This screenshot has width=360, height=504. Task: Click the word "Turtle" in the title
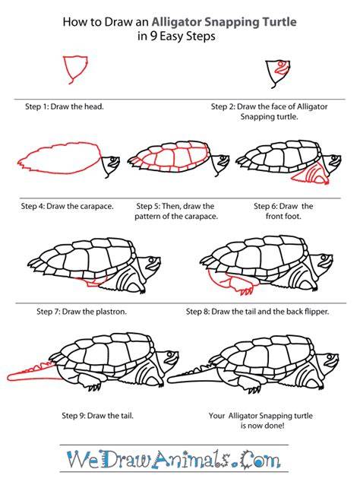tap(279, 22)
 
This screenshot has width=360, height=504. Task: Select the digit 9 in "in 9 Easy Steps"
tap(154, 36)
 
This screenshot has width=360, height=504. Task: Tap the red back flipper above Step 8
tap(231, 283)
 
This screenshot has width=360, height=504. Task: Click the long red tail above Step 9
tap(32, 374)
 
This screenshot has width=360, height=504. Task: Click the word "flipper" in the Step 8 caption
tap(316, 312)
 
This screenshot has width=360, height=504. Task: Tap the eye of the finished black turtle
tap(330, 357)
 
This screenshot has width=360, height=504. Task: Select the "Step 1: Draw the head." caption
tap(65, 106)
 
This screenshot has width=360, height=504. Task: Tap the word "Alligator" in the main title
tap(176, 22)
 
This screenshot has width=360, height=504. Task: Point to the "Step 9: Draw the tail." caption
tap(98, 416)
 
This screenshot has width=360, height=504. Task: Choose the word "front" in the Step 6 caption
tap(275, 217)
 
